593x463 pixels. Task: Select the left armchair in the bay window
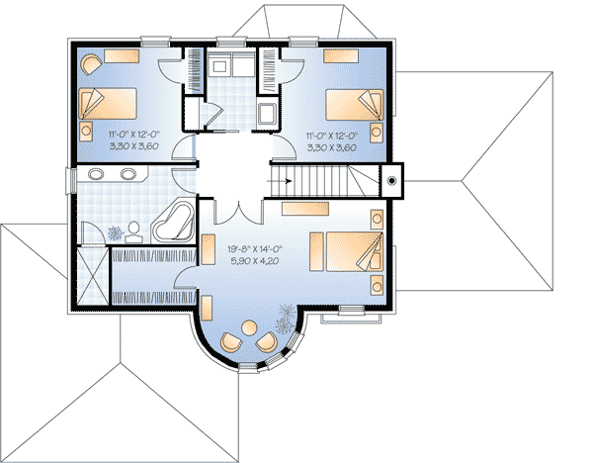230,342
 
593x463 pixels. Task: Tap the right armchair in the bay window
267,342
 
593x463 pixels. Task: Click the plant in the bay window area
288,319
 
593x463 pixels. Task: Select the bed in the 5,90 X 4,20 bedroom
343,251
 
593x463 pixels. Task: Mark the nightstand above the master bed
376,219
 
